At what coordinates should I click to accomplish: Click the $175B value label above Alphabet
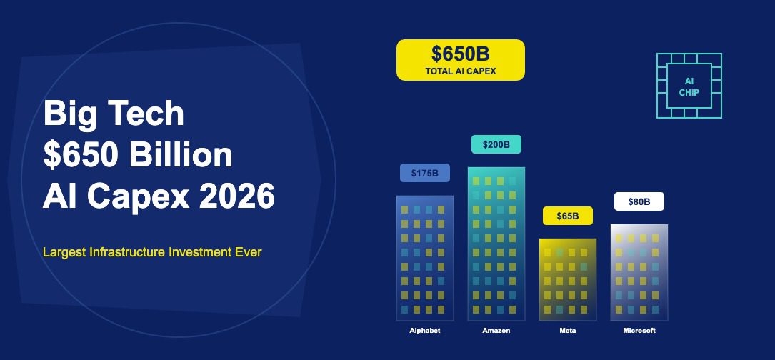[x=425, y=173]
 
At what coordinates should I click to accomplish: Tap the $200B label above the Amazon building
[x=496, y=144]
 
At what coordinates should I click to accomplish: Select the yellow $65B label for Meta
[x=567, y=216]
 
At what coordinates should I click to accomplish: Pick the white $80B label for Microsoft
[x=639, y=201]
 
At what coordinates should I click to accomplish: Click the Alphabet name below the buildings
[x=424, y=330]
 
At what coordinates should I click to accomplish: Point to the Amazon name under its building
[x=496, y=330]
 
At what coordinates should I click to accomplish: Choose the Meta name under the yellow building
[x=567, y=330]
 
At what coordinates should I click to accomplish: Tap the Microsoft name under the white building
[x=639, y=330]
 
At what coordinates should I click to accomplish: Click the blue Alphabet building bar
[x=425, y=258]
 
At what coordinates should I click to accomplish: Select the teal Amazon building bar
[x=496, y=244]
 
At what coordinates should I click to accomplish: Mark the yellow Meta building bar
[x=568, y=279]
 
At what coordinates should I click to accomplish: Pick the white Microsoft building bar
[x=639, y=272]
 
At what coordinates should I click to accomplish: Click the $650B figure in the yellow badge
[x=460, y=54]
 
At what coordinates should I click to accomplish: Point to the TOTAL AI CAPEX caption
[x=461, y=71]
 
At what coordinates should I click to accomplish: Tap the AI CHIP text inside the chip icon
[x=689, y=86]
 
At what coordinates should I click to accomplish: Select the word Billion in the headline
[x=181, y=155]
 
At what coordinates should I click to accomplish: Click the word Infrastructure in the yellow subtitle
[x=127, y=251]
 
